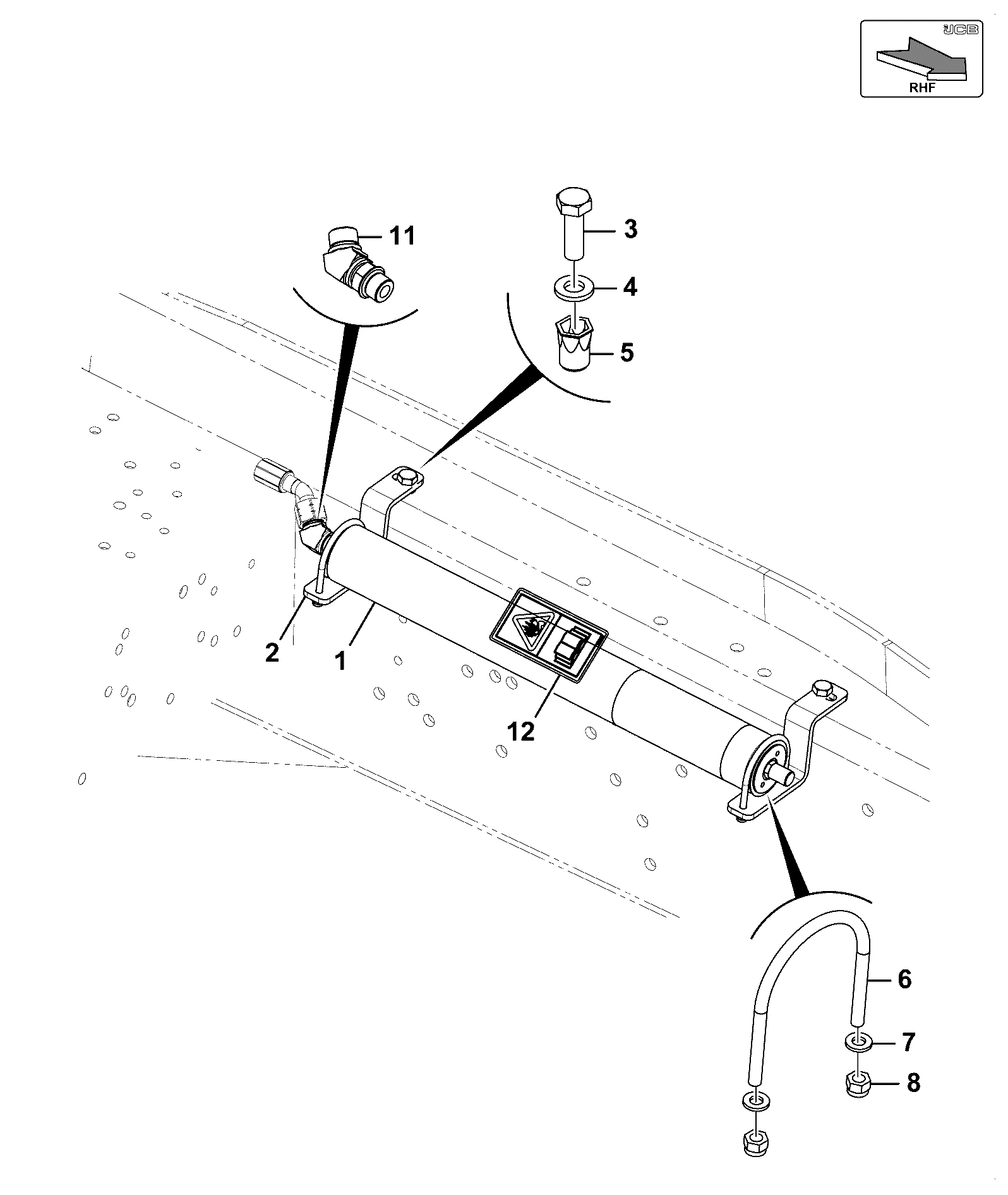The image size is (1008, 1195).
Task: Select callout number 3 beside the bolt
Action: click(x=630, y=229)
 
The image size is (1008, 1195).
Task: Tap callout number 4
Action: click(x=630, y=288)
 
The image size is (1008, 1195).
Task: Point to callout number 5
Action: click(x=627, y=353)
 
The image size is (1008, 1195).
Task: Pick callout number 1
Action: click(x=340, y=662)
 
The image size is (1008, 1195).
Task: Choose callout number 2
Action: click(x=272, y=653)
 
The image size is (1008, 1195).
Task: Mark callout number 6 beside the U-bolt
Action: click(x=904, y=980)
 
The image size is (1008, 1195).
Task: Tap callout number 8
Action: click(x=913, y=1084)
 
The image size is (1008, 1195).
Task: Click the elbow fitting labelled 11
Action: click(x=357, y=265)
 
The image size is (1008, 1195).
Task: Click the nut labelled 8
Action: click(x=858, y=1085)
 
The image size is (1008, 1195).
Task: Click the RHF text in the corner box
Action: click(x=921, y=88)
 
